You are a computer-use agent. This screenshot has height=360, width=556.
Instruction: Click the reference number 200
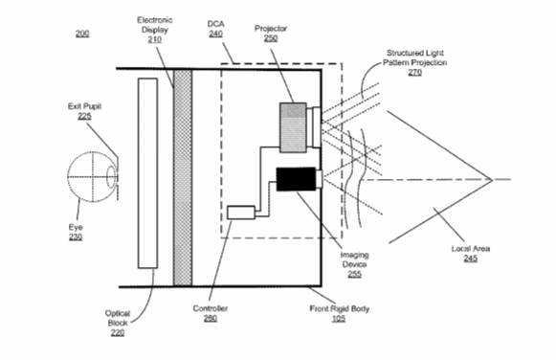tap(82, 34)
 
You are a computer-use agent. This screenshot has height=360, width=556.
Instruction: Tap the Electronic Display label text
tap(155, 25)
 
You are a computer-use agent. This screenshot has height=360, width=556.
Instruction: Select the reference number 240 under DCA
tap(215, 34)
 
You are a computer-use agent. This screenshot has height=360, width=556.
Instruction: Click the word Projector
tap(271, 29)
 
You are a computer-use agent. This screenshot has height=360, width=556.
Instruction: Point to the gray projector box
tap(293, 127)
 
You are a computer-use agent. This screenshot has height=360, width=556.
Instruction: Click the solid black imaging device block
tap(296, 179)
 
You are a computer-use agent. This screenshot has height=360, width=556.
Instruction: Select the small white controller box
tap(241, 213)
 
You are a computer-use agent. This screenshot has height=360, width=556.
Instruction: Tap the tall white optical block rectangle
tap(148, 173)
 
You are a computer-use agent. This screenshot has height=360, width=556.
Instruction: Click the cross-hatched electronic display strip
tap(183, 177)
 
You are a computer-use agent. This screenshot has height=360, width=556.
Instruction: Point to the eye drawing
tap(92, 176)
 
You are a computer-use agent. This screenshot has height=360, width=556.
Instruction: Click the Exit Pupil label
tap(85, 106)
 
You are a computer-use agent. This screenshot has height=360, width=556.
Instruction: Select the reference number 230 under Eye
tap(76, 236)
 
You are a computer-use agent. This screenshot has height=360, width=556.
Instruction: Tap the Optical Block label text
tap(118, 318)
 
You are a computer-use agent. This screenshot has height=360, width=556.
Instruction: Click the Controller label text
tap(211, 308)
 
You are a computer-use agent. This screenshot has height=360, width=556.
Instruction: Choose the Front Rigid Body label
tap(340, 308)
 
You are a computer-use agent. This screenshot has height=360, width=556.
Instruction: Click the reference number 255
tap(355, 274)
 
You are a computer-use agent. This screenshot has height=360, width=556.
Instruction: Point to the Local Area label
tap(471, 249)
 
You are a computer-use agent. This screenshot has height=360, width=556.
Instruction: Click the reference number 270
tap(415, 72)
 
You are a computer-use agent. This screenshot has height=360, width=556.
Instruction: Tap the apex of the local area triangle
tap(493, 179)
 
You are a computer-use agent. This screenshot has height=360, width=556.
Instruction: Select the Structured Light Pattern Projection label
tap(415, 57)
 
